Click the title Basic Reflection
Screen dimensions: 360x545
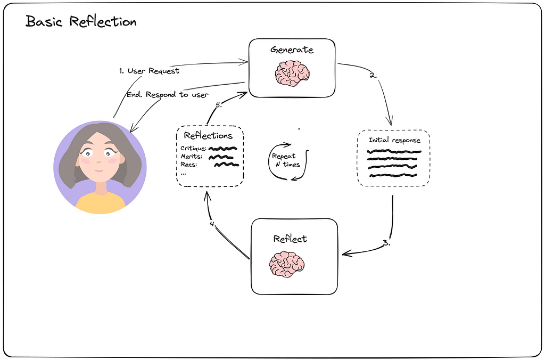coord(81,22)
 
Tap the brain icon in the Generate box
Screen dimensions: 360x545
coord(292,73)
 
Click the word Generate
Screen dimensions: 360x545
coord(292,50)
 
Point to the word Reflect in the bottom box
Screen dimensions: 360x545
coord(290,239)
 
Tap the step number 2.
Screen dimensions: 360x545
coord(373,75)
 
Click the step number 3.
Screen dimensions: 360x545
coord(386,243)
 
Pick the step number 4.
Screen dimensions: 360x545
coord(213,224)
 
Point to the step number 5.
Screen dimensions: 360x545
coord(218,105)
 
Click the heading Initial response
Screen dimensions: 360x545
coord(394,141)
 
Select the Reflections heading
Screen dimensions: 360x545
coord(208,135)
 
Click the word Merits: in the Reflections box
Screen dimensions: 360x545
coord(192,157)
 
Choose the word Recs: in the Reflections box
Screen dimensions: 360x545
coord(189,165)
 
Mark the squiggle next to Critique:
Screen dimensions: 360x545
coord(222,149)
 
